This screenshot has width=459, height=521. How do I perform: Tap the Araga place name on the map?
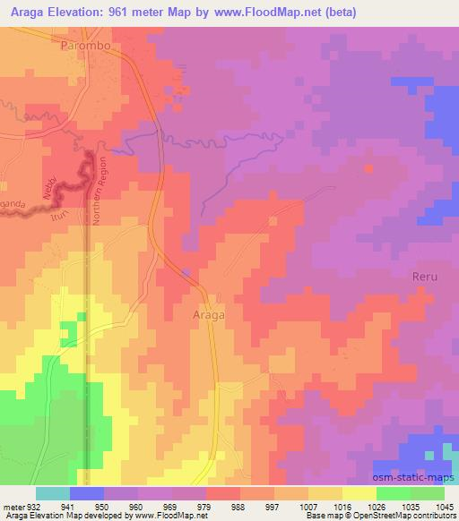208,315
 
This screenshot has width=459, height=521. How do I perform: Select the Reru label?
425,277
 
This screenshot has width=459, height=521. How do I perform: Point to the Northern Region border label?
100,201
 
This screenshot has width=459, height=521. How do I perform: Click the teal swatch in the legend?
53,493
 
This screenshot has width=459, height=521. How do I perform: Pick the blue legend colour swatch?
87,493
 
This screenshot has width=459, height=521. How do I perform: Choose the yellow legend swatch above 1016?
359,493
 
